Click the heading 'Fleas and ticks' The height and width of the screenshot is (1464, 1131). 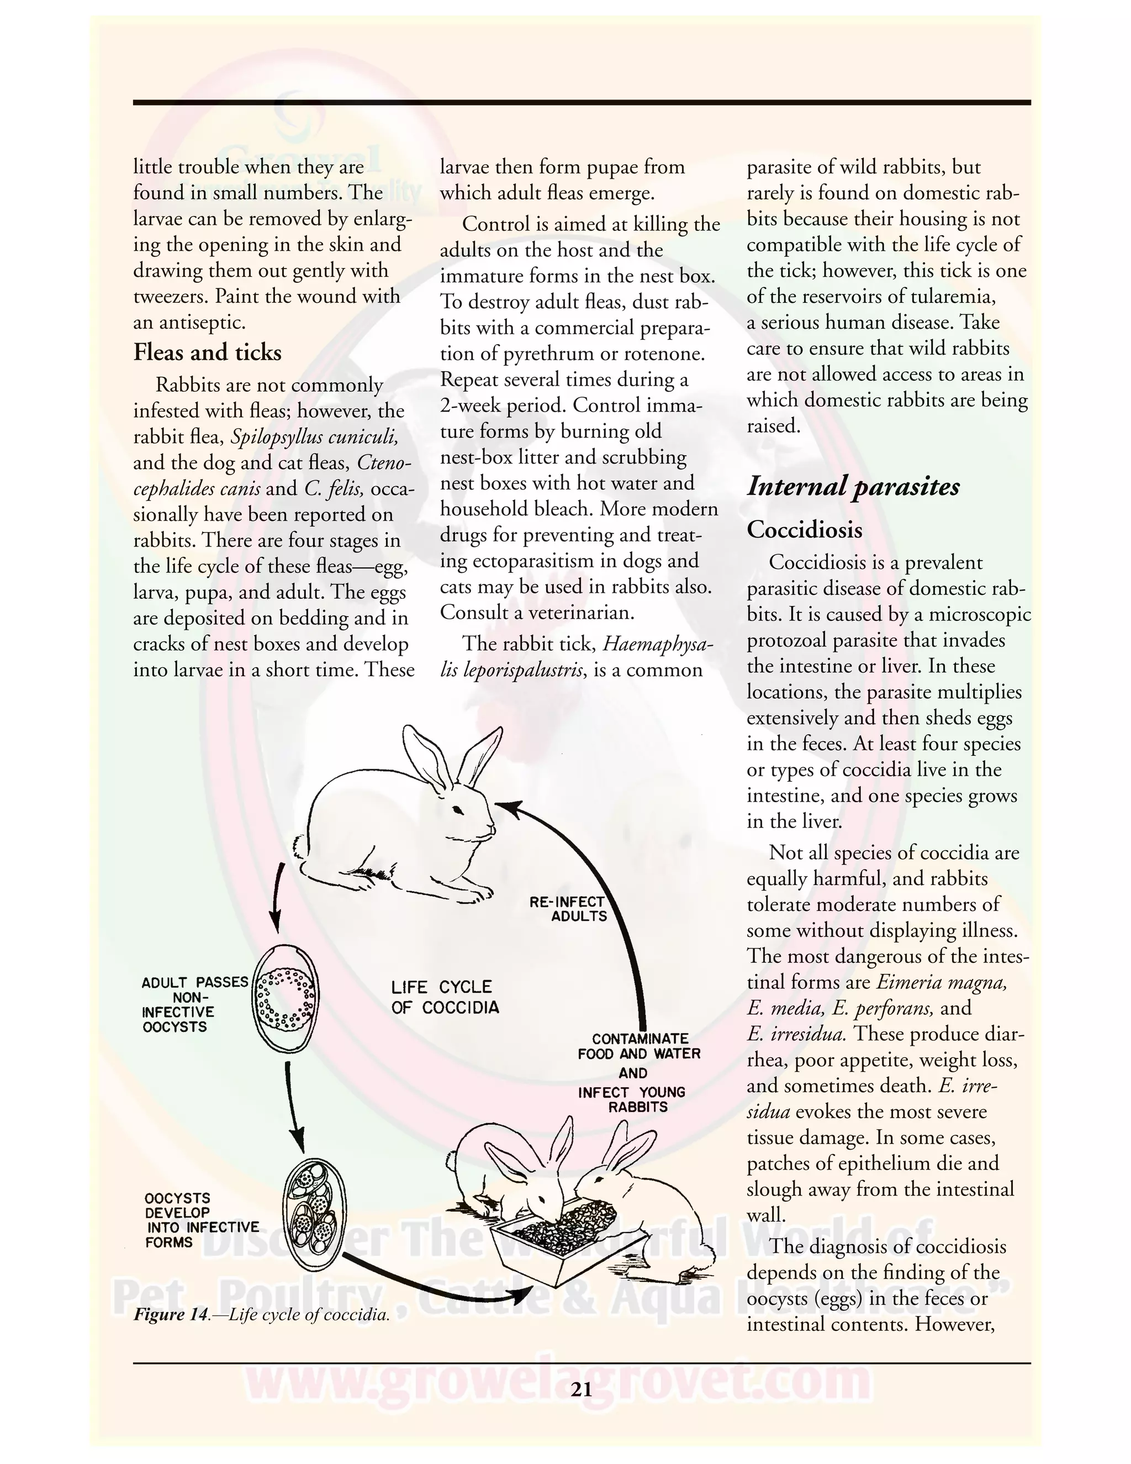point(207,352)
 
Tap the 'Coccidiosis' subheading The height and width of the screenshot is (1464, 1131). point(804,530)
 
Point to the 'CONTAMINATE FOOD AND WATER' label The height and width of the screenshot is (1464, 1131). point(638,1046)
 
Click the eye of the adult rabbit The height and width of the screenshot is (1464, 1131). point(458,810)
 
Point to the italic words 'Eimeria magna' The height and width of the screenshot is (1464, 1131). point(942,983)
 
